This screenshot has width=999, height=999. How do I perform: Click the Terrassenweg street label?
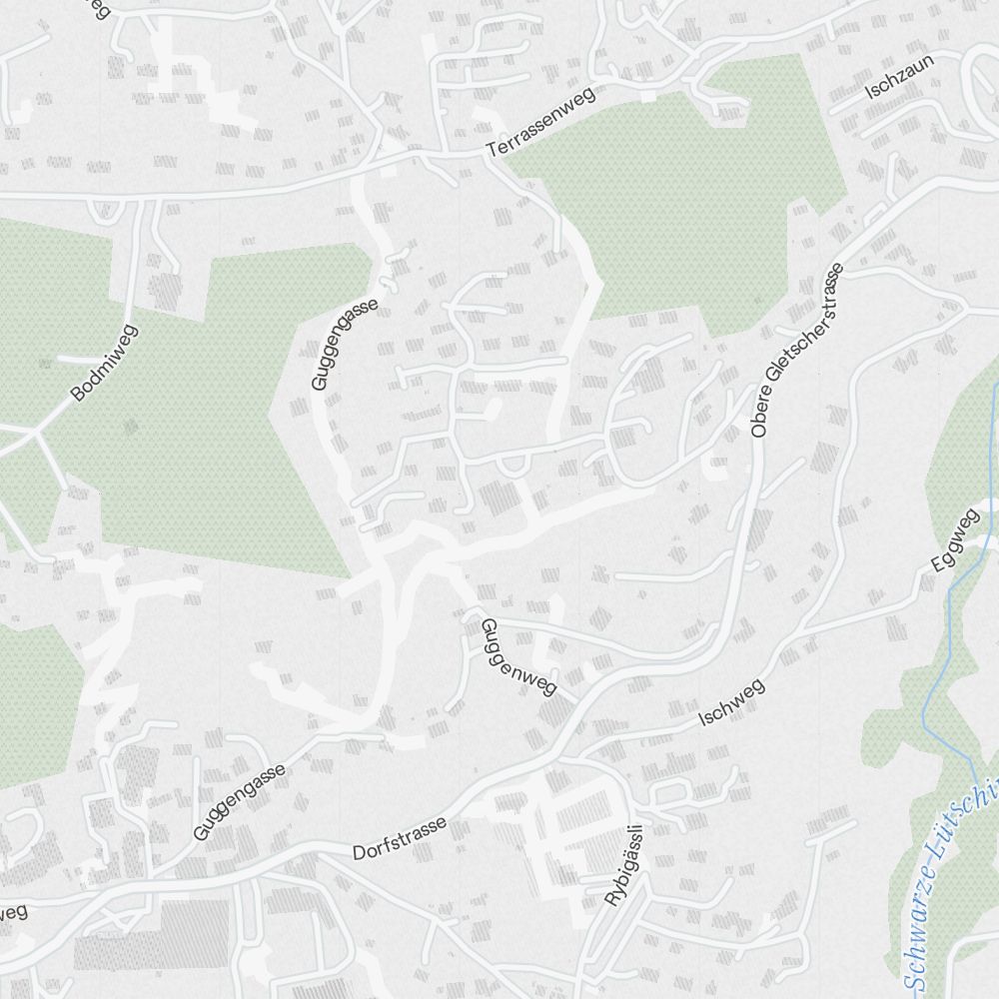click(540, 122)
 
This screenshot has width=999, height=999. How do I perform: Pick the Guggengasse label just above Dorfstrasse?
click(240, 801)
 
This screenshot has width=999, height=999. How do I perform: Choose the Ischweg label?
click(731, 701)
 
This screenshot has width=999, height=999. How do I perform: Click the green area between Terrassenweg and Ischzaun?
click(679, 190)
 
